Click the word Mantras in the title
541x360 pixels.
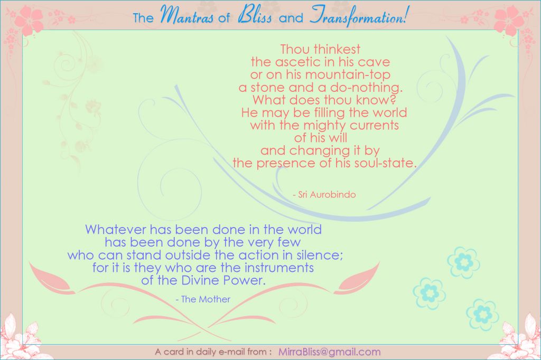point(186,15)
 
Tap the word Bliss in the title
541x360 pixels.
point(255,15)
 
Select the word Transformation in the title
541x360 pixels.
point(357,16)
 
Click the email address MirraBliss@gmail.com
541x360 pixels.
point(329,352)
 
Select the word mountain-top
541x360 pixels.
point(348,75)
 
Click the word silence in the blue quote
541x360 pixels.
point(319,255)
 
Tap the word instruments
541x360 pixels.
point(279,268)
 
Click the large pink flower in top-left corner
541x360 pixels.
point(30,20)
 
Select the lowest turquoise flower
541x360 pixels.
point(482,315)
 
